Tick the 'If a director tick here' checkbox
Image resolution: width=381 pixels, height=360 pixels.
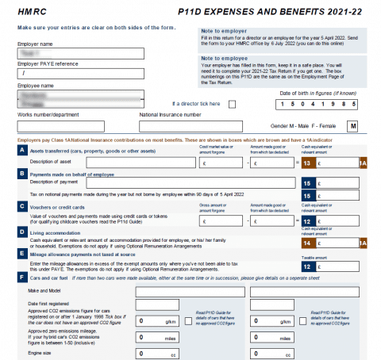click(x=232, y=104)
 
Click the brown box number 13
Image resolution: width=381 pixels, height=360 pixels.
click(x=307, y=163)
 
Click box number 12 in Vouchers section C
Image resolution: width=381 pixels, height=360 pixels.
click(x=307, y=220)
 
